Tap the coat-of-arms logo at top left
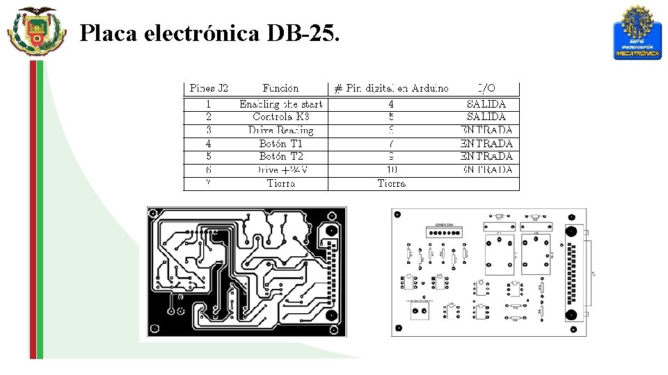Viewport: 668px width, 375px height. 35,31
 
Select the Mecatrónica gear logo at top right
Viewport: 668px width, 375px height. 637,32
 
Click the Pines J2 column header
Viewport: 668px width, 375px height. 209,88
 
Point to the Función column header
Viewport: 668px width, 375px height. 280,88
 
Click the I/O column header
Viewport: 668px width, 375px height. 487,88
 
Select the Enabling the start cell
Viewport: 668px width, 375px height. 280,104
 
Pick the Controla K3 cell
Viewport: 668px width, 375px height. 280,117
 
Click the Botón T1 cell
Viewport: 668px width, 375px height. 280,143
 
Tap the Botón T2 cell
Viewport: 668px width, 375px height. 280,156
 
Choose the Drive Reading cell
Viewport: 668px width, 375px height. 280,130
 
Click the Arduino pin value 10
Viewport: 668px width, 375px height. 392,169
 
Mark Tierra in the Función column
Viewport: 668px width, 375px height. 280,183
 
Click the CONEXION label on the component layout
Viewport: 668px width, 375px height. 444,225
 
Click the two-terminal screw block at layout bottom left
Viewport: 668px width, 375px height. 420,310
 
